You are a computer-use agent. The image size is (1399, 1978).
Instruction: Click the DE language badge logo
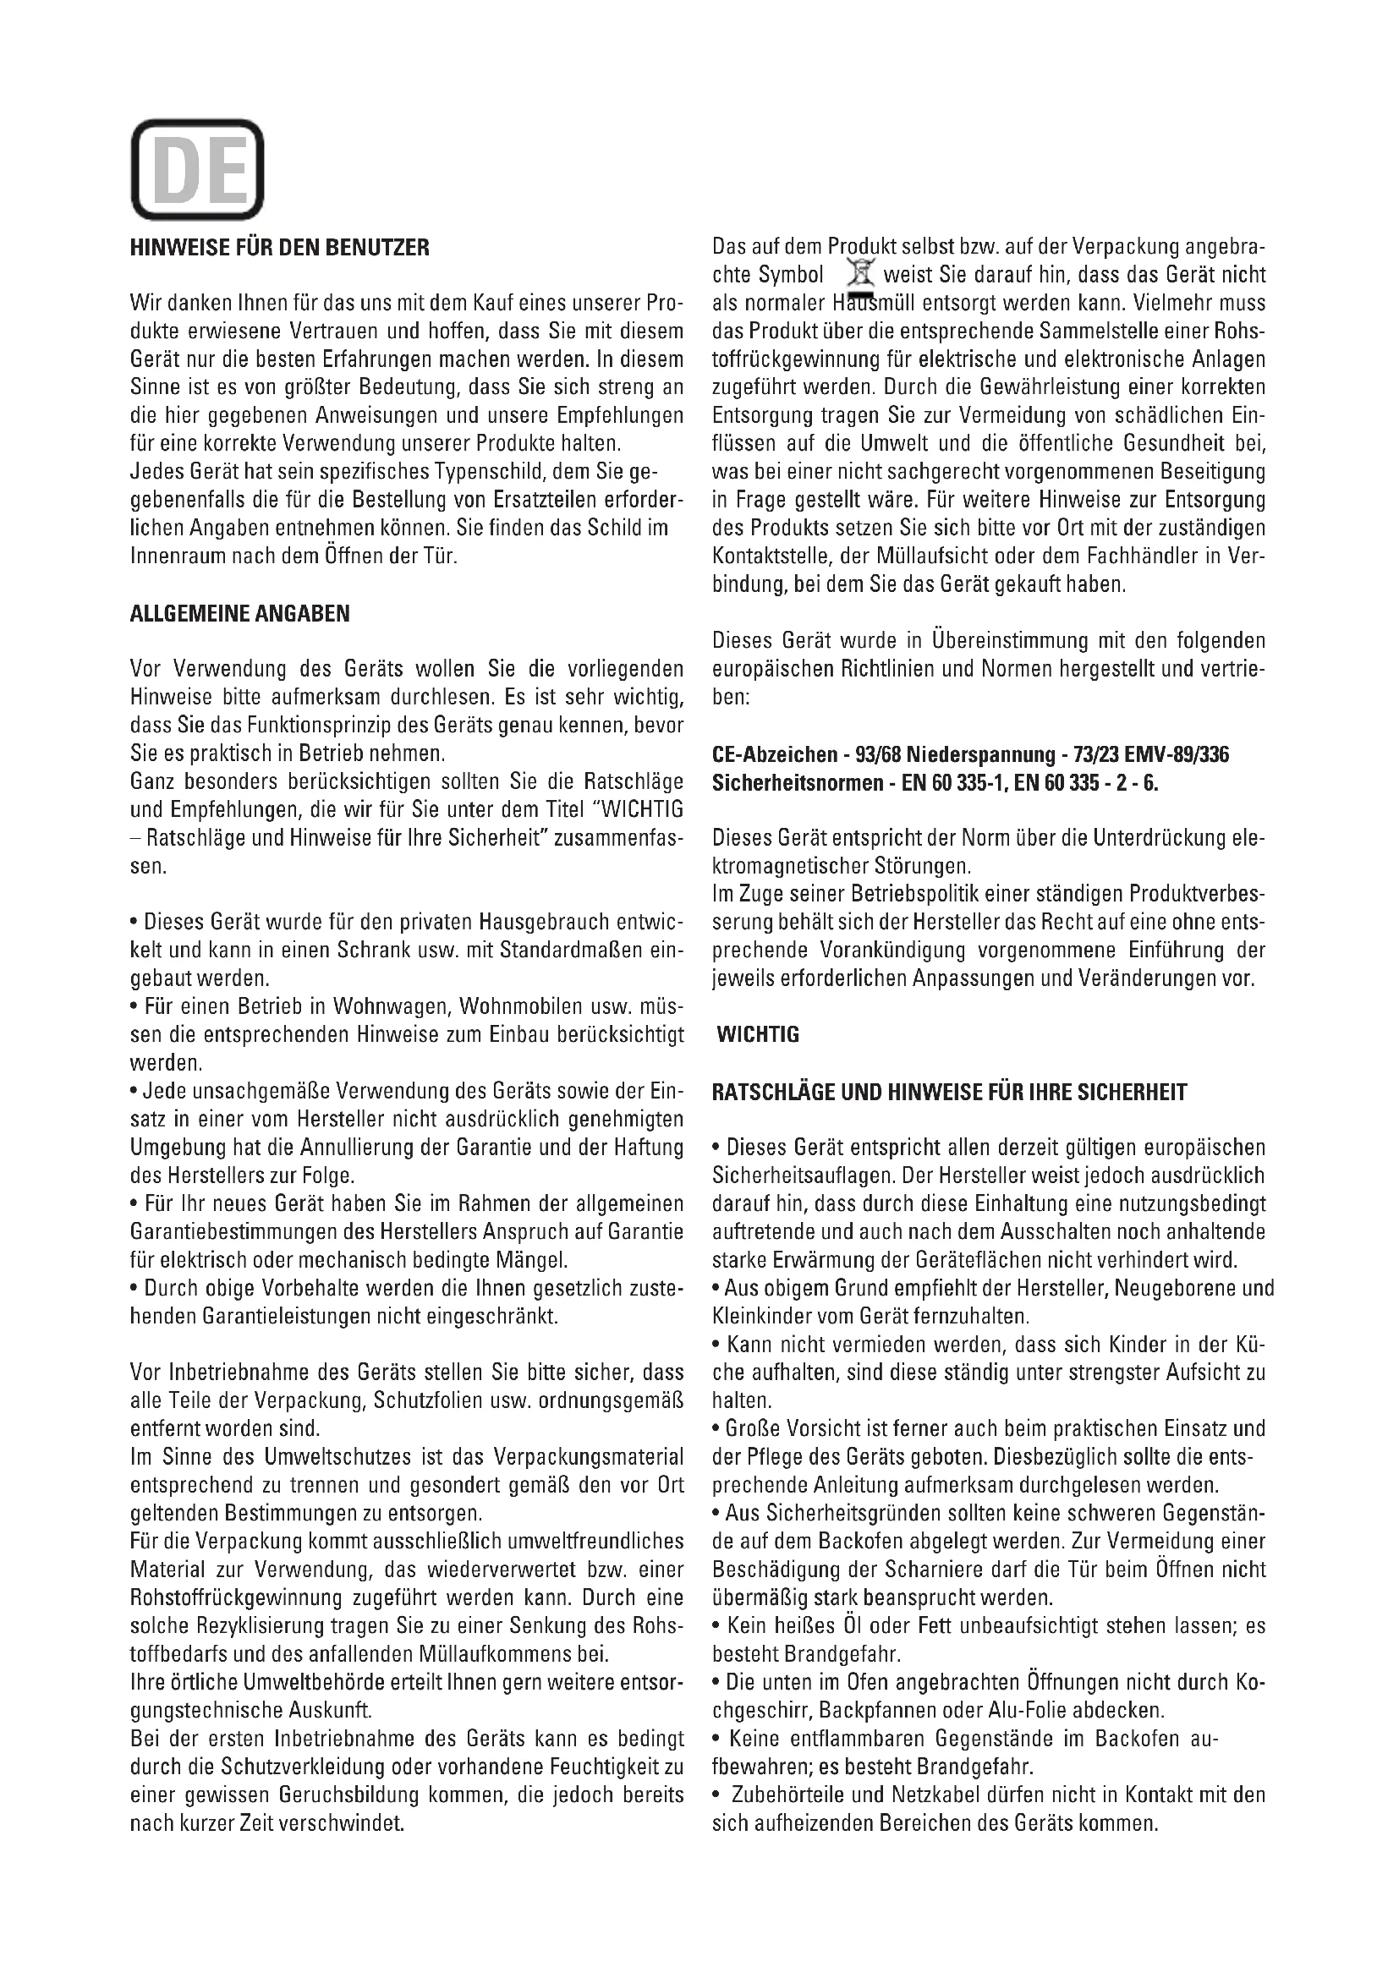pyautogui.click(x=197, y=170)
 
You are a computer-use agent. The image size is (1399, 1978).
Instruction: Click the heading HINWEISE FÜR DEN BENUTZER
pyautogui.click(x=279, y=248)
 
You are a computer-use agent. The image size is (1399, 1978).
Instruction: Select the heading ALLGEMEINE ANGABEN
pyautogui.click(x=239, y=613)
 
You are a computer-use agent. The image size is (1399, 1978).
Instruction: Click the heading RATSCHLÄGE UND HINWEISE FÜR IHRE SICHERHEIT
pyautogui.click(x=949, y=1093)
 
